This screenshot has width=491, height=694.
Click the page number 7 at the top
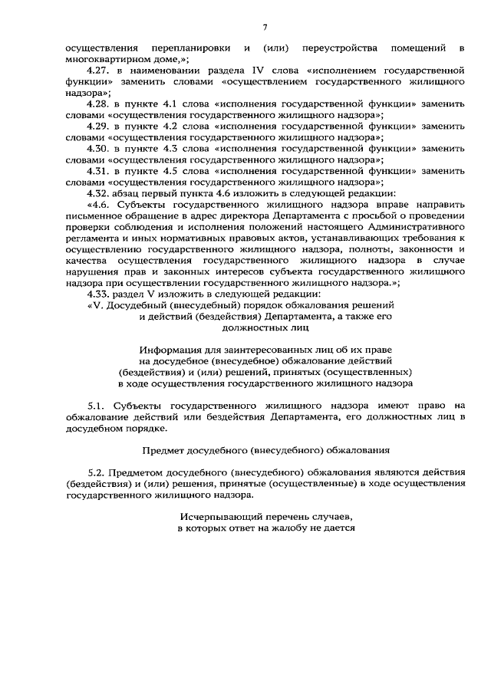click(x=265, y=28)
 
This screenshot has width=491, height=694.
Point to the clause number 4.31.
click(x=98, y=170)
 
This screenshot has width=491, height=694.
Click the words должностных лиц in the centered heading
click(x=265, y=327)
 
